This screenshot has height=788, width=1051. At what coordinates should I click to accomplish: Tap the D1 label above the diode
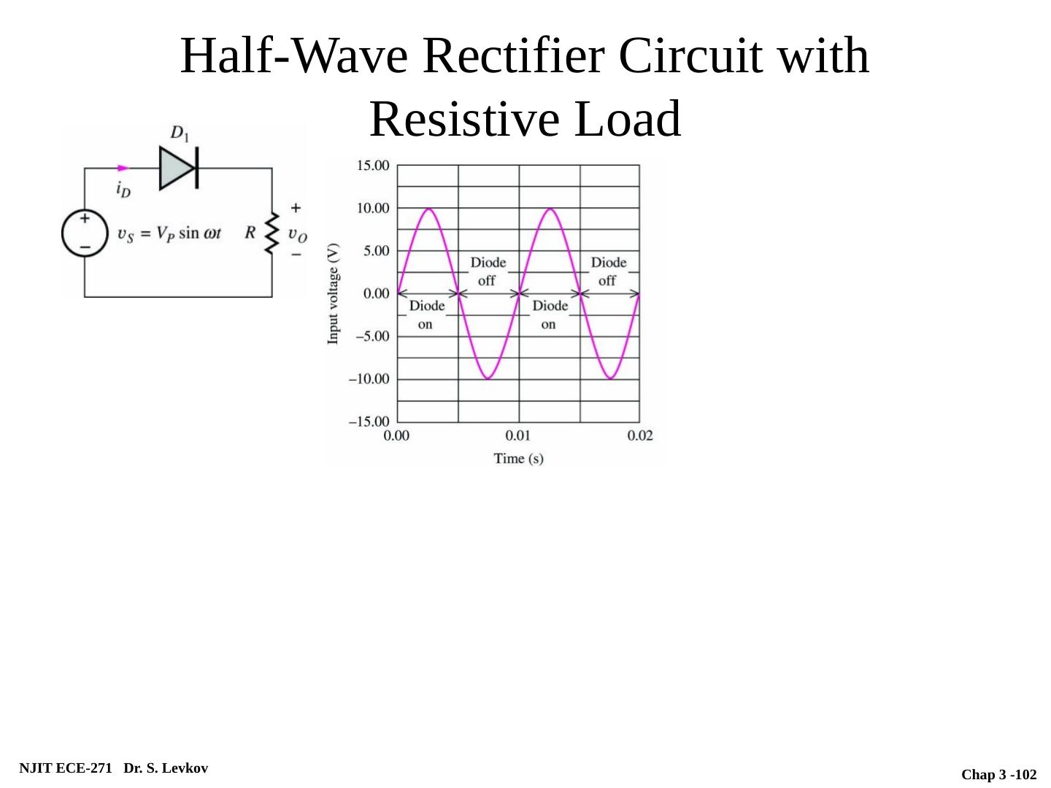(180, 134)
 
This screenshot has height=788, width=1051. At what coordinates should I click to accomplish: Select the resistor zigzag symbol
(272, 233)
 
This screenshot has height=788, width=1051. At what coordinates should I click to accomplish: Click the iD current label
(123, 188)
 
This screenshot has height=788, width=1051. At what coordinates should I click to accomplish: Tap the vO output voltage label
(297, 234)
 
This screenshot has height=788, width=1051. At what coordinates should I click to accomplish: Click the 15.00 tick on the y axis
(372, 166)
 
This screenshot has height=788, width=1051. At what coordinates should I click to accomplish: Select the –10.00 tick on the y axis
(369, 379)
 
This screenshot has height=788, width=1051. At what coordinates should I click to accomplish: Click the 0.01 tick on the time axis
(518, 436)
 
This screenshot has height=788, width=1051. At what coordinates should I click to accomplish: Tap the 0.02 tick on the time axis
(640, 436)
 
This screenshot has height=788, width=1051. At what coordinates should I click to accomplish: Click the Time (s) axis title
(518, 458)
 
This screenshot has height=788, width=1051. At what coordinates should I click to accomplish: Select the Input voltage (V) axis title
(334, 293)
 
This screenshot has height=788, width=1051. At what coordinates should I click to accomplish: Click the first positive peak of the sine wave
(428, 209)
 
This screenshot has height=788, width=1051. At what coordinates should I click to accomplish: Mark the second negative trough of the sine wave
(610, 378)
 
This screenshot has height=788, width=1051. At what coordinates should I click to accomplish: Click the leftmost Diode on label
(426, 314)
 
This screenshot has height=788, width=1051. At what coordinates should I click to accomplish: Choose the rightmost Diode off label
(608, 271)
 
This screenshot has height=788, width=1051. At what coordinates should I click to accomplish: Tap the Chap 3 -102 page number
(998, 774)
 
